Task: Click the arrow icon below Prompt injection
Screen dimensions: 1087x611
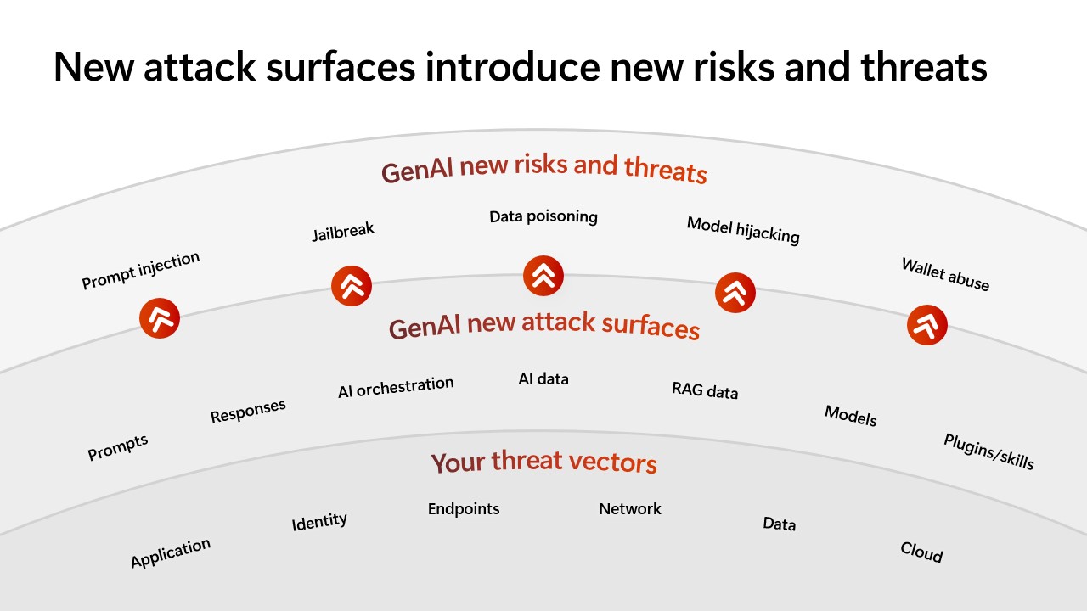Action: (x=160, y=318)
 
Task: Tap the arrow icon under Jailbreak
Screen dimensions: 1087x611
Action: (x=352, y=286)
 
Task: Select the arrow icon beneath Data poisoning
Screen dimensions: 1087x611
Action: (x=543, y=276)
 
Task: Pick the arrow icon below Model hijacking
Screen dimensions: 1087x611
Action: (x=735, y=293)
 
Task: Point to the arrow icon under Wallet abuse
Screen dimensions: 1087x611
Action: (x=926, y=325)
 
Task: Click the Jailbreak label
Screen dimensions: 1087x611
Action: (x=343, y=232)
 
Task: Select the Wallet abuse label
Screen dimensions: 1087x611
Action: (x=945, y=274)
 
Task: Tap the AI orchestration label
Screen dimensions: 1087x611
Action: (x=396, y=387)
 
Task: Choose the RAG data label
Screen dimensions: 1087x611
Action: (x=705, y=390)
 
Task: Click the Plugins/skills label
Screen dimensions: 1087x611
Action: (x=988, y=451)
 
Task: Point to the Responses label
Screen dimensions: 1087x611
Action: (x=248, y=411)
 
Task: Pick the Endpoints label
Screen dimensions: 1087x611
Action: (x=464, y=508)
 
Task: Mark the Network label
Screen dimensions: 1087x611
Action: (x=630, y=508)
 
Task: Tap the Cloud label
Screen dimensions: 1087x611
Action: (x=921, y=552)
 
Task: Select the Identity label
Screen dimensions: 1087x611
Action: (x=319, y=521)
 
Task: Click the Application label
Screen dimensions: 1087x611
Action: (x=171, y=552)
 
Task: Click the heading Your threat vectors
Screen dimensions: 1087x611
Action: (x=544, y=462)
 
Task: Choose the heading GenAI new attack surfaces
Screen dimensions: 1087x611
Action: (x=544, y=325)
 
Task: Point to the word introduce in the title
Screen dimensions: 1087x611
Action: (x=513, y=67)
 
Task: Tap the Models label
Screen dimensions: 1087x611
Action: (x=851, y=416)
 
